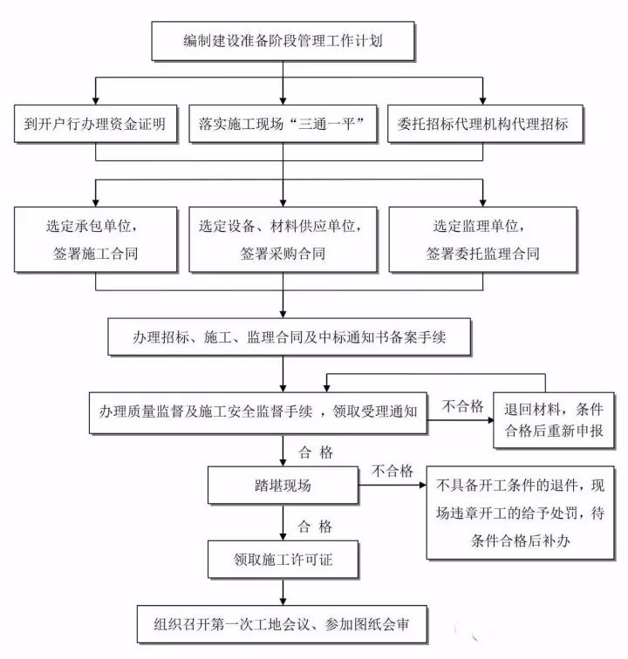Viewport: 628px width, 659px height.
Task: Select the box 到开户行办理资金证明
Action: pos(95,125)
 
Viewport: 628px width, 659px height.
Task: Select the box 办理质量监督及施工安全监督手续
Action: pos(258,412)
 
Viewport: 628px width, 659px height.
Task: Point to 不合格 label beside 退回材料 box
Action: pos(462,404)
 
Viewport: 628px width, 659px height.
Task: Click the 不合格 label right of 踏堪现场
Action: pos(392,471)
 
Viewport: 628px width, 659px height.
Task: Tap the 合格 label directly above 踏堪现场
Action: pos(314,452)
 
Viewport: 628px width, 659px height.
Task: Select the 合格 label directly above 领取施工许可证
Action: pos(314,527)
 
